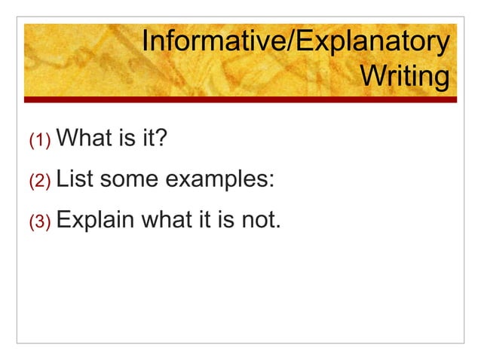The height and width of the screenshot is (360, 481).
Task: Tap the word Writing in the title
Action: [404, 77]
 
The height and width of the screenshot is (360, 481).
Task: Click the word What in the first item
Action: [84, 139]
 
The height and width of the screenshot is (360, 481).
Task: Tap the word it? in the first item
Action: [150, 139]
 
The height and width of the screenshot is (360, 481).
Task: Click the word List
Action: [75, 180]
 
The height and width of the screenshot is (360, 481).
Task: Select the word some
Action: [129, 180]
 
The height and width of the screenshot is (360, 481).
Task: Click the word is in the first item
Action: [123, 139]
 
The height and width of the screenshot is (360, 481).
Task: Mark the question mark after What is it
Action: [160, 139]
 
